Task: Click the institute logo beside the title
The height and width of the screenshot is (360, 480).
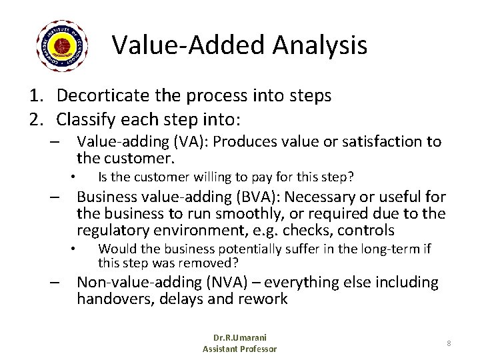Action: tap(61, 45)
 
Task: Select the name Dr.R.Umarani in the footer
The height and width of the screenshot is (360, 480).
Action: tap(239, 338)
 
